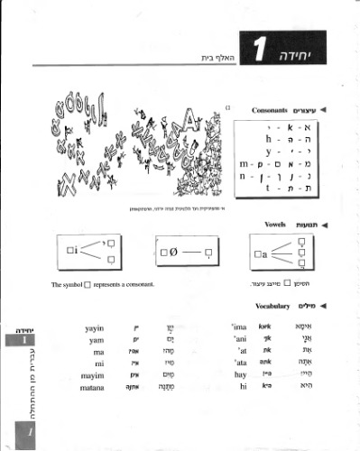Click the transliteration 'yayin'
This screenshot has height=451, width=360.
click(x=94, y=331)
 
